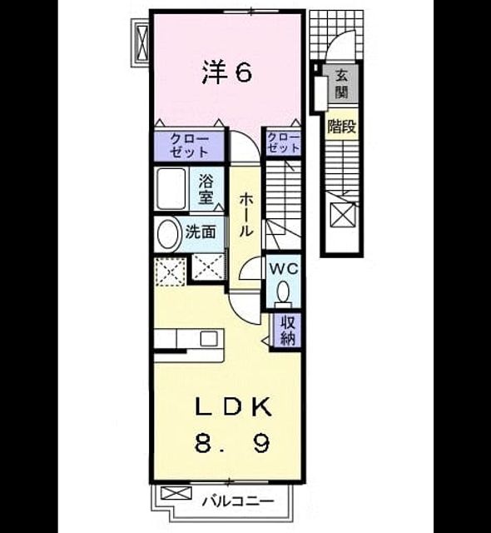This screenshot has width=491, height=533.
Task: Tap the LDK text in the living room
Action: [234, 406]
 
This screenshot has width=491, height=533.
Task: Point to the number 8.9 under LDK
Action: [232, 443]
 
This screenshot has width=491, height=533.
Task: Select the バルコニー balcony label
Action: [238, 501]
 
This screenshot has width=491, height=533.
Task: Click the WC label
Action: [284, 269]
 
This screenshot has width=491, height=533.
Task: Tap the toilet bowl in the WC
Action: [283, 291]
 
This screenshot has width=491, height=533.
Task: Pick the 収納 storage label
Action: [288, 330]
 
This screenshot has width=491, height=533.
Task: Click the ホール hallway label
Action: [245, 215]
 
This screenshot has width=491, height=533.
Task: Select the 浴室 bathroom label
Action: [206, 189]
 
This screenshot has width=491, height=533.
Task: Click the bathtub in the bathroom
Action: [171, 189]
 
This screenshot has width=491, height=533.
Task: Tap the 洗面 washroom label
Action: [201, 232]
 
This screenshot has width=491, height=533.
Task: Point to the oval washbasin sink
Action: [169, 235]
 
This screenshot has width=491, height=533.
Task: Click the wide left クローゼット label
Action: [189, 146]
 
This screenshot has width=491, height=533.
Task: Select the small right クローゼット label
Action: [283, 142]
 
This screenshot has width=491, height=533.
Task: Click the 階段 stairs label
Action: [341, 127]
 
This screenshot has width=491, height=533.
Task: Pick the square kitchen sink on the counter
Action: [209, 339]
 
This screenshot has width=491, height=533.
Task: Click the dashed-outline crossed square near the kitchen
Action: [170, 272]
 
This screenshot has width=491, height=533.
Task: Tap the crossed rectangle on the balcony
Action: [176, 493]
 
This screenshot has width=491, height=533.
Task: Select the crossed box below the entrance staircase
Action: [344, 215]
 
